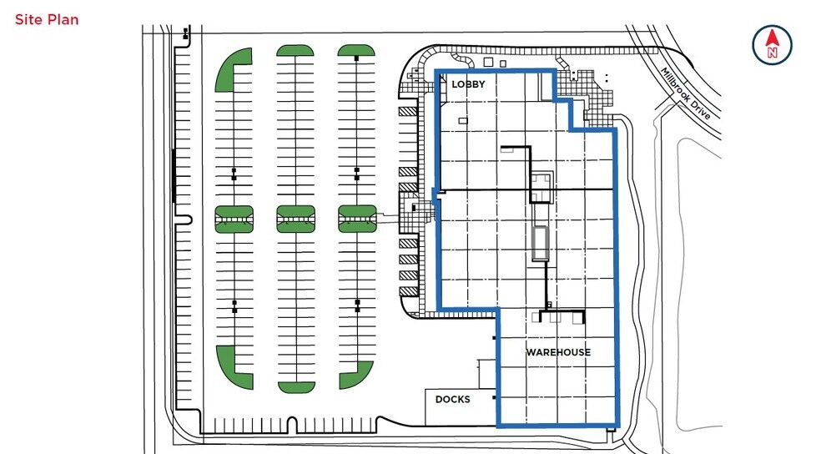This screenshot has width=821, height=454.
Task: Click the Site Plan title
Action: coord(47,20)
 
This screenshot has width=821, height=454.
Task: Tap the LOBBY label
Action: coord(468,83)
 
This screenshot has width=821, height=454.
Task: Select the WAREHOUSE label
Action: coord(558,352)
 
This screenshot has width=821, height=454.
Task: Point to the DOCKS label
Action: coord(453,399)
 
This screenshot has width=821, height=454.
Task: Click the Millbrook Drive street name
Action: coord(685,93)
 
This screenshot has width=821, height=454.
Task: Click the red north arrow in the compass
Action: coord(772,38)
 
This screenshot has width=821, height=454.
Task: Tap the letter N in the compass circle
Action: coord(773,53)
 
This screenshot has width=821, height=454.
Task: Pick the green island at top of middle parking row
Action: coord(295,50)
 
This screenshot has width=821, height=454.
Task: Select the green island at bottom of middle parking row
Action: coord(296,387)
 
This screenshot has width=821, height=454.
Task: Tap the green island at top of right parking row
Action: coord(356,50)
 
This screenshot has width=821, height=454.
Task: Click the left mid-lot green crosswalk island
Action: coord(234,219)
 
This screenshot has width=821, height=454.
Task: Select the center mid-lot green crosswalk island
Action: coord(296,219)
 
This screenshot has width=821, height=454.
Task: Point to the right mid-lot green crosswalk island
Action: coord(357,219)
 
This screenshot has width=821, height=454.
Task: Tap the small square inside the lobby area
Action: coord(463,121)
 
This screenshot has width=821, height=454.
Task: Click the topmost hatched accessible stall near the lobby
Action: coord(408,112)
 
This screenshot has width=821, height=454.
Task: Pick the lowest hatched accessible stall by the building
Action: coord(408,291)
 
